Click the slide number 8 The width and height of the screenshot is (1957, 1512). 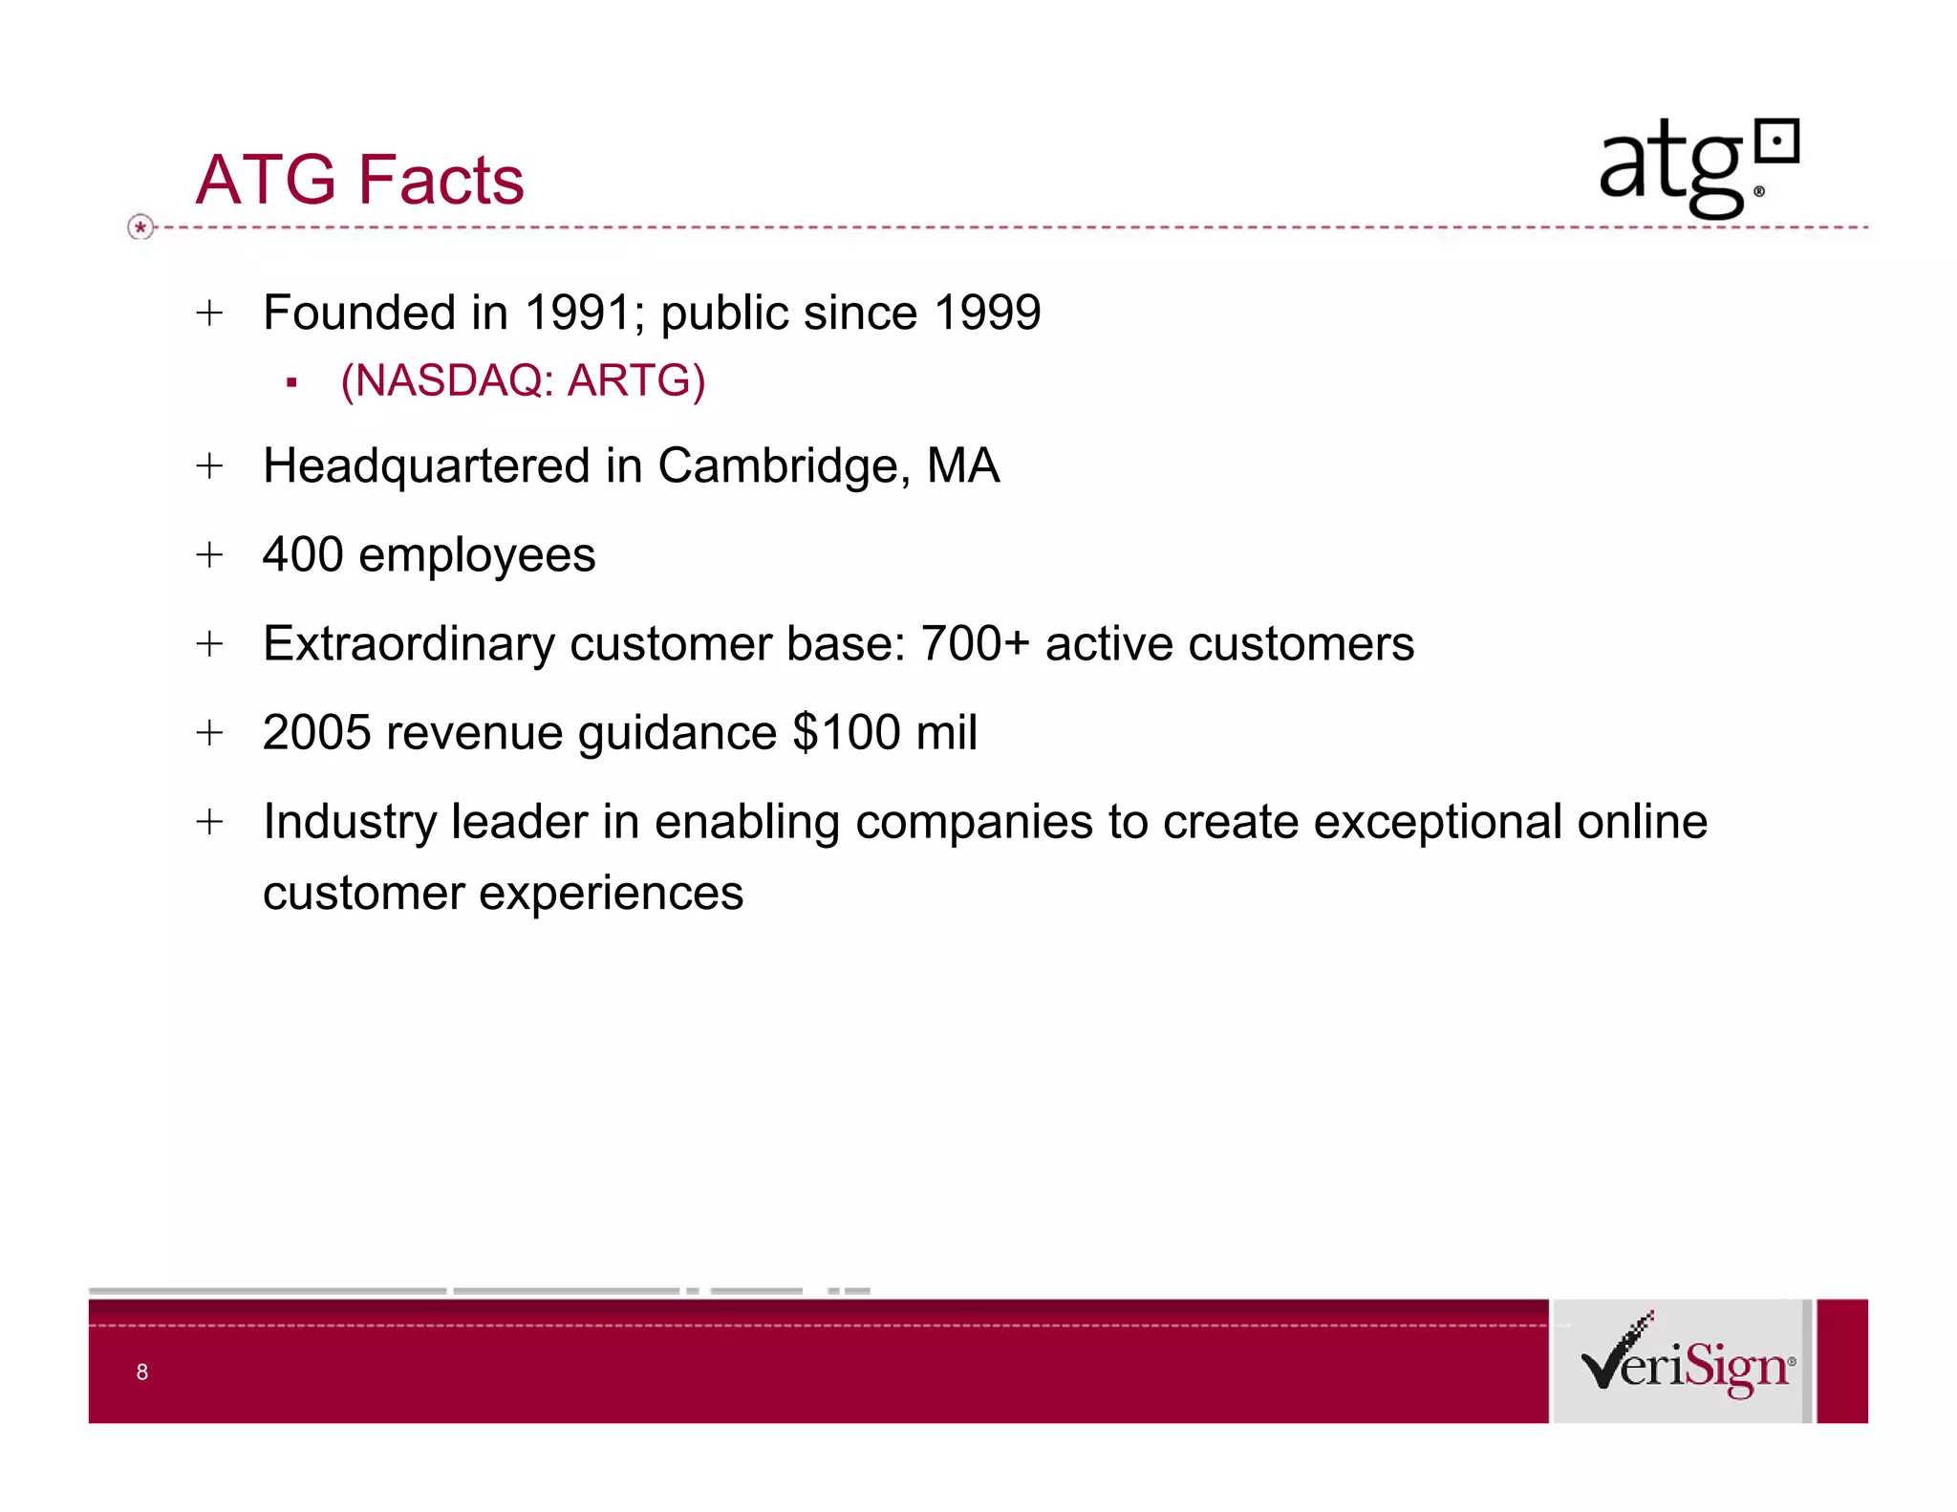(142, 1372)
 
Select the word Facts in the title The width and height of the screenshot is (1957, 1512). (442, 180)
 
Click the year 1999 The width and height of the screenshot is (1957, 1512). (987, 313)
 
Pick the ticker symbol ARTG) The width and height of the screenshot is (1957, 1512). (635, 380)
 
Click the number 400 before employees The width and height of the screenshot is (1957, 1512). (303, 554)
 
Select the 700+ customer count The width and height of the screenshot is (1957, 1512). (975, 643)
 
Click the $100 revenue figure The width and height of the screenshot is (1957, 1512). (846, 733)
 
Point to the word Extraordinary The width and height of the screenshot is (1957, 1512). (408, 643)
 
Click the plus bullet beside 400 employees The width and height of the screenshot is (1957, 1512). (209, 554)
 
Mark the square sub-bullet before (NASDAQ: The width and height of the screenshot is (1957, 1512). (291, 383)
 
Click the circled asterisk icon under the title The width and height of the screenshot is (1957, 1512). (140, 227)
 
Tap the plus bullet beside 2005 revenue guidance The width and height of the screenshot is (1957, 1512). (209, 733)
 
